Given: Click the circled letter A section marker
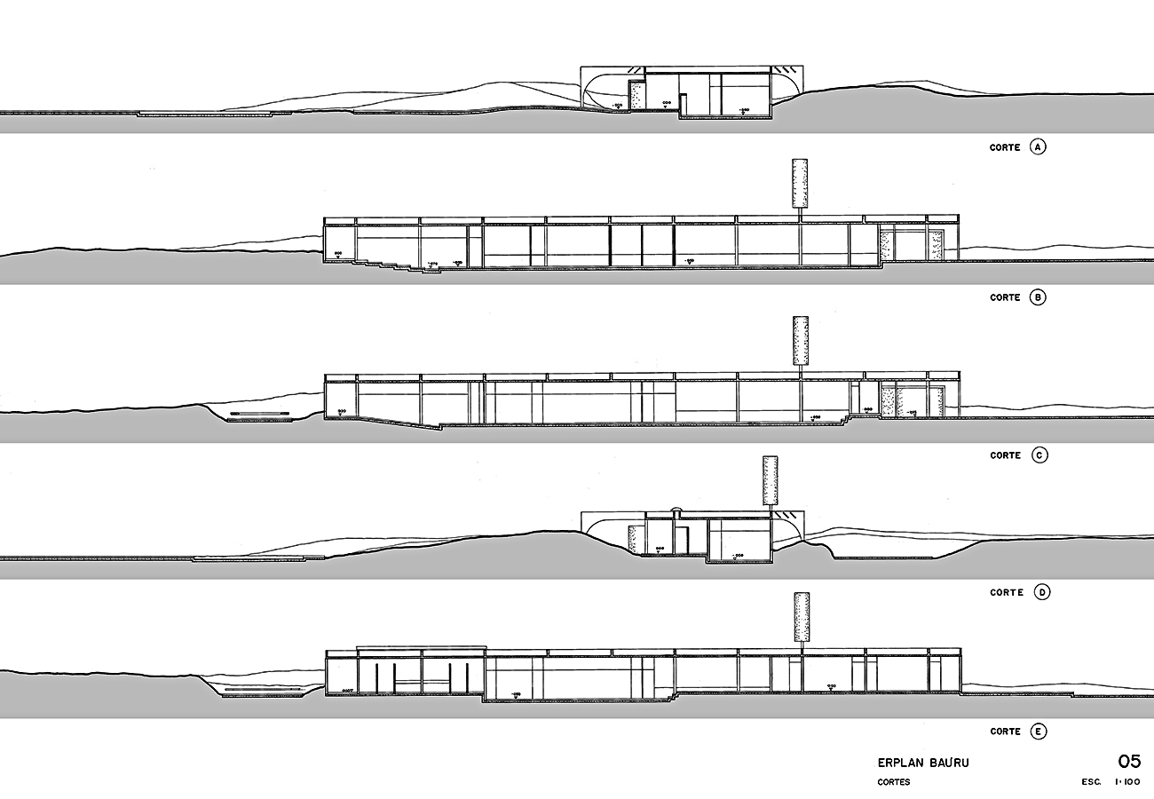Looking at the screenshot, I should [x=1038, y=147].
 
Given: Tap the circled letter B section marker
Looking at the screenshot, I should [x=1038, y=297].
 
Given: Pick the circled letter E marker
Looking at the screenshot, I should [x=1038, y=732].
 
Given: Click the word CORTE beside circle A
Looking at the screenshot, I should [x=1004, y=147].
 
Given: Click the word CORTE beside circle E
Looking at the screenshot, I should [x=1005, y=732].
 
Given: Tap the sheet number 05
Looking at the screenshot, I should [x=1128, y=761].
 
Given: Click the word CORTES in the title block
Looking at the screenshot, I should [x=894, y=783].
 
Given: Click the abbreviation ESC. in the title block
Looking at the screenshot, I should [x=1091, y=783].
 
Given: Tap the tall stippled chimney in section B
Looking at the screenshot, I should [x=800, y=185].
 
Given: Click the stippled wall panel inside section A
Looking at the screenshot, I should [x=636, y=95].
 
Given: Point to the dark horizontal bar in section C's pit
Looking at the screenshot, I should [x=260, y=413].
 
